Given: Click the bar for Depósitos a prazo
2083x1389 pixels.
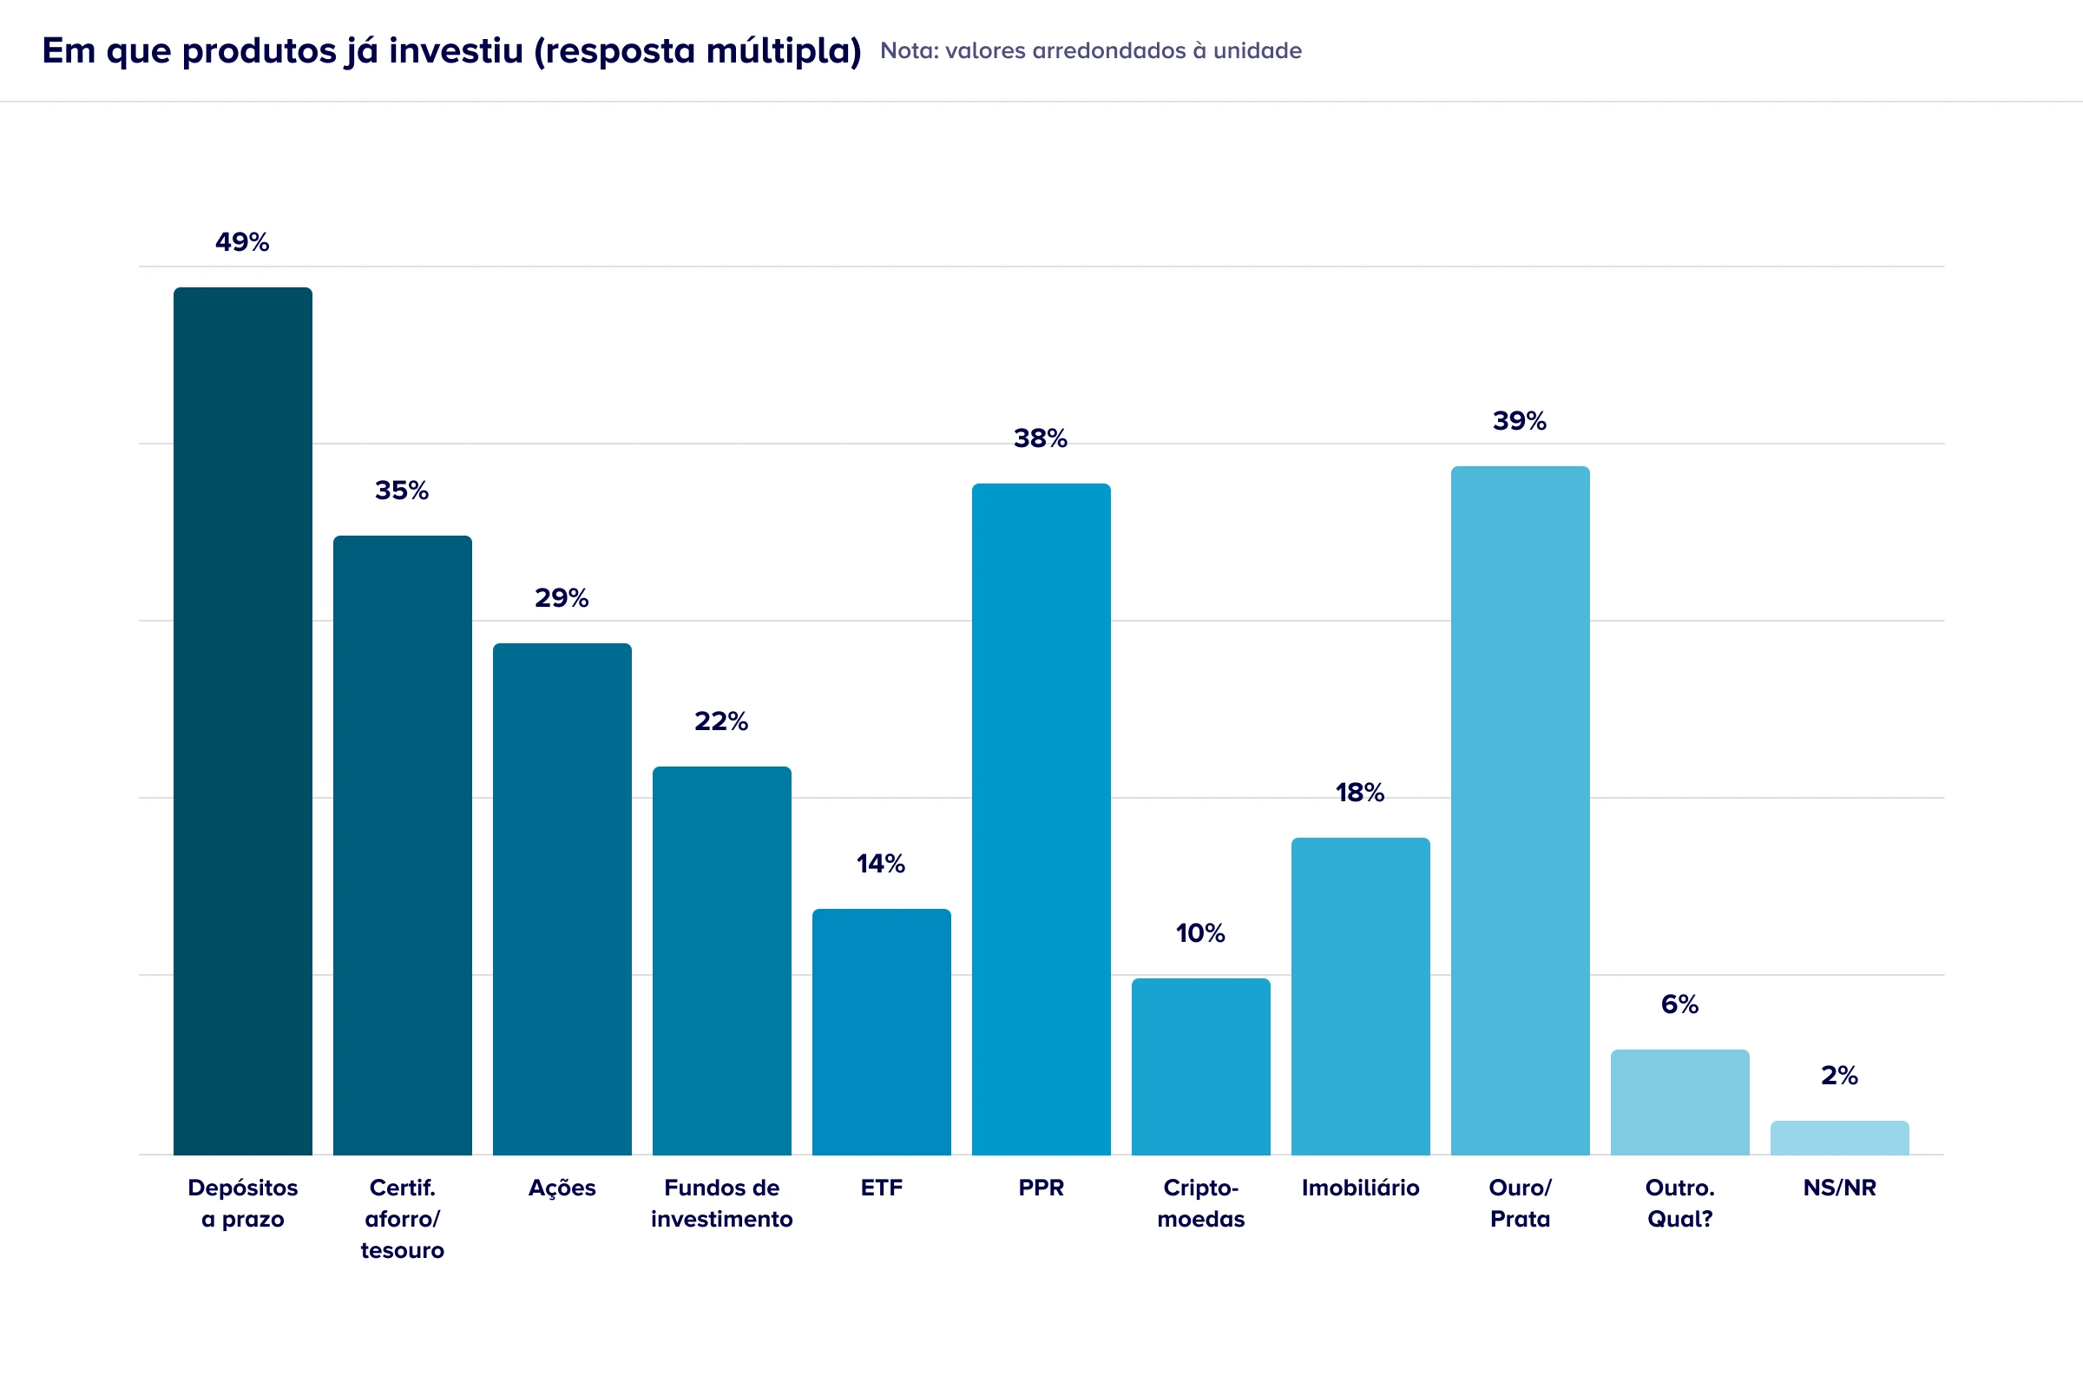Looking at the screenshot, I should coord(243,721).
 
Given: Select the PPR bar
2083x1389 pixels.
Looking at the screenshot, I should coord(1041,819).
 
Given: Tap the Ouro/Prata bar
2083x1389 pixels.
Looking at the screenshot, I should coord(1520,810).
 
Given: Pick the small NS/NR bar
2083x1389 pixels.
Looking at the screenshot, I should coord(1839,1138).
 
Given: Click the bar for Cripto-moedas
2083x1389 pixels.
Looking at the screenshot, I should coord(1201,1067).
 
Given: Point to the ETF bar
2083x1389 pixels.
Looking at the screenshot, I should coord(881,1032).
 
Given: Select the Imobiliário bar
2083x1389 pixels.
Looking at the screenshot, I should coord(1360,996).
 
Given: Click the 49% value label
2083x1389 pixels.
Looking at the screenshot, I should coord(242,242).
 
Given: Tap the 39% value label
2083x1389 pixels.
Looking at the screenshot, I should coord(1519,421).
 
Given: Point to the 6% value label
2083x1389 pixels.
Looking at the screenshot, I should coord(1679,1004).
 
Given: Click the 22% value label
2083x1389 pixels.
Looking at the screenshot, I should coord(721,721).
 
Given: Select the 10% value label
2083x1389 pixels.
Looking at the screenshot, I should coord(1200,932).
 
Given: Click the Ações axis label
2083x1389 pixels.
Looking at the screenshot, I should coord(562,1188).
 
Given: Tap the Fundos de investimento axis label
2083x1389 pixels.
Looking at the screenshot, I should coord(722,1203).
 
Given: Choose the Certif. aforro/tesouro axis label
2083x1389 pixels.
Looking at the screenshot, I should coord(402,1219).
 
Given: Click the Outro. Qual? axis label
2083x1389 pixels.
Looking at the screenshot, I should coord(1679,1203).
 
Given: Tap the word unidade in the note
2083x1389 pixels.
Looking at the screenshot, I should coord(1257,51).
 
